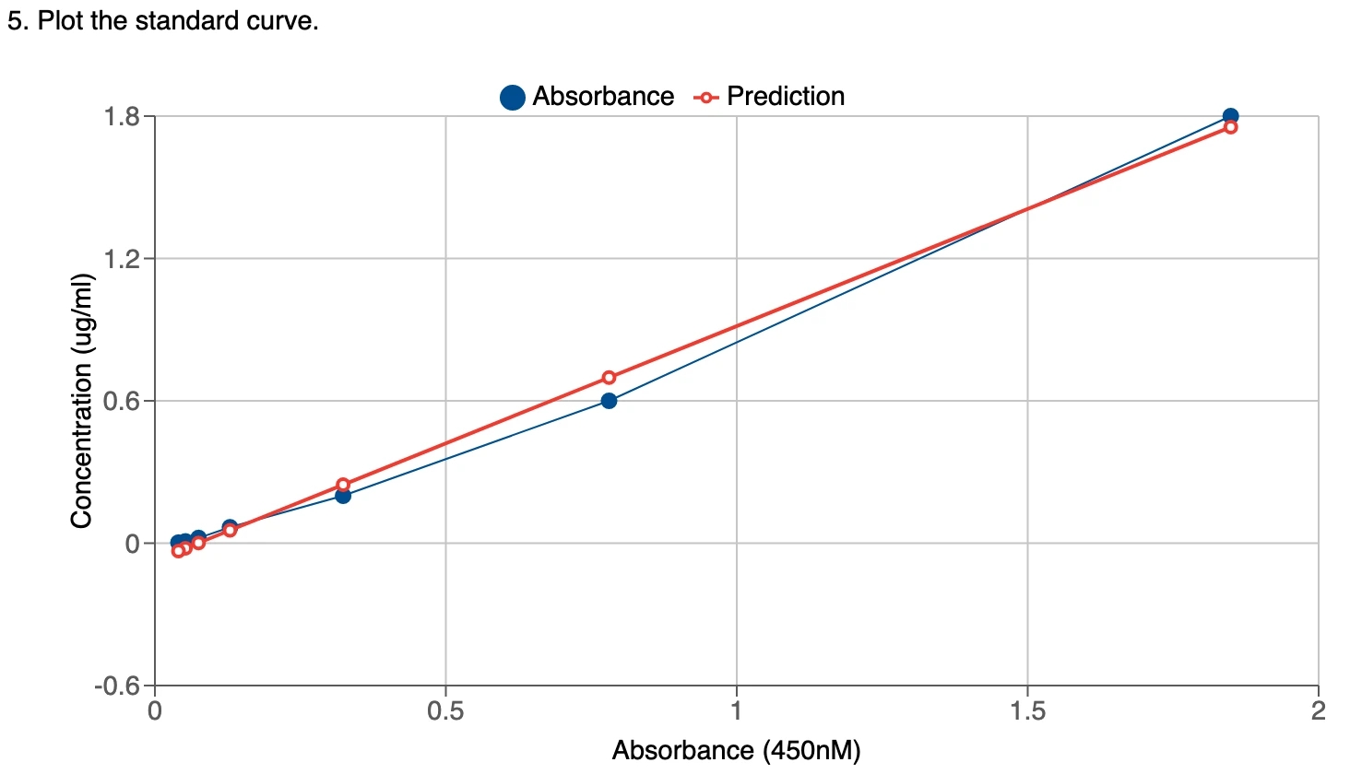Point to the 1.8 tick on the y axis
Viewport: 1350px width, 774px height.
pos(122,117)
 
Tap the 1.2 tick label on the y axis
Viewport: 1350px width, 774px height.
pos(122,259)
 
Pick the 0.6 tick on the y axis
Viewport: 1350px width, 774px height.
pos(122,402)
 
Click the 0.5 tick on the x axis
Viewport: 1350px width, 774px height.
pos(445,711)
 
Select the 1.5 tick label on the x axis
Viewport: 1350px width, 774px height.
pos(1027,711)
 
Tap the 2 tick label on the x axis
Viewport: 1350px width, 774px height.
pos(1319,711)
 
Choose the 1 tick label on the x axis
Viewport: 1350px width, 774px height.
pos(736,711)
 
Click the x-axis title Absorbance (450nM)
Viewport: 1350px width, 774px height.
pos(736,751)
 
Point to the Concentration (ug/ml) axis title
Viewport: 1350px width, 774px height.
pos(82,401)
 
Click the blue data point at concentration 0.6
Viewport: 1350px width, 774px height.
pos(609,401)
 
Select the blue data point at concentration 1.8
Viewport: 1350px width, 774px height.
pos(1230,116)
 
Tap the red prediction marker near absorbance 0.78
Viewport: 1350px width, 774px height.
pos(609,378)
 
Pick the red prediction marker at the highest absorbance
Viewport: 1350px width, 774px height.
pos(1230,127)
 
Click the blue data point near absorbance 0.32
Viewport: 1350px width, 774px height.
pos(343,496)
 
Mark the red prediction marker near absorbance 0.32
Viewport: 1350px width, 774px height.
pos(343,485)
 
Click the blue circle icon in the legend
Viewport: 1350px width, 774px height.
pos(513,97)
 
